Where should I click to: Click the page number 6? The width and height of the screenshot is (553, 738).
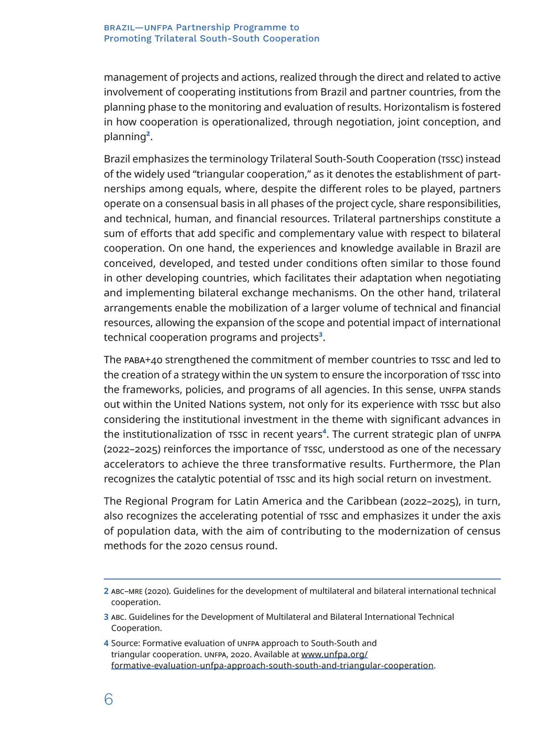point(108,699)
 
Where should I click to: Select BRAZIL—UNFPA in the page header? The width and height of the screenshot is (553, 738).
point(138,28)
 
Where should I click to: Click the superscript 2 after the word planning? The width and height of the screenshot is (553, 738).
point(148,133)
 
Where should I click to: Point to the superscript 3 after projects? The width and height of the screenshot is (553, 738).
point(321,334)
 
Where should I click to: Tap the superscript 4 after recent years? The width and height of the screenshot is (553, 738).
point(324,431)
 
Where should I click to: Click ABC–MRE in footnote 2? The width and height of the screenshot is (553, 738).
point(127,591)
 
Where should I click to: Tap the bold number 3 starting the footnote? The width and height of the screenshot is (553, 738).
point(106,617)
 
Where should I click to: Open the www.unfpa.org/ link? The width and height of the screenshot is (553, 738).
point(334,655)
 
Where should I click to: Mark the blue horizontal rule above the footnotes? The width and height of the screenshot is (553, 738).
point(302,579)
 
